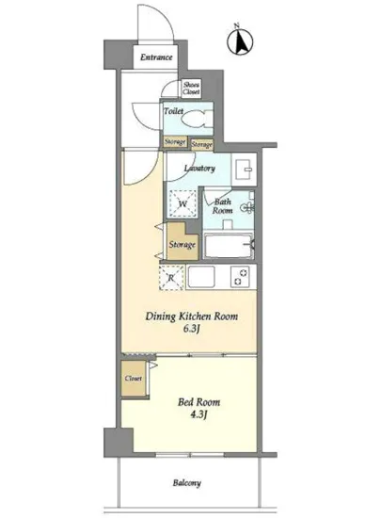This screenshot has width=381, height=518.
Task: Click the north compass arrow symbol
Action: click(240, 41)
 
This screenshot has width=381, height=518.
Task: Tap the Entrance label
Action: click(156, 57)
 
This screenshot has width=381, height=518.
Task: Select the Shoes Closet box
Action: click(191, 89)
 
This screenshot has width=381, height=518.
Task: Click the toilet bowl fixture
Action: click(196, 119)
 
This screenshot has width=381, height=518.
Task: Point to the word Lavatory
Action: click(199, 169)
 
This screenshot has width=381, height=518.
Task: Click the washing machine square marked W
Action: click(183, 203)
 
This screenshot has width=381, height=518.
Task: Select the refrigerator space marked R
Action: click(171, 278)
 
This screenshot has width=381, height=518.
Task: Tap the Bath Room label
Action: click(223, 206)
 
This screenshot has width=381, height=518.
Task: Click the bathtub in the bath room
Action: click(229, 246)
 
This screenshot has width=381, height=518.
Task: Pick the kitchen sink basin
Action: click(201, 277)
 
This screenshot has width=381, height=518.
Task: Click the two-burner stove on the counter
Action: click(240, 277)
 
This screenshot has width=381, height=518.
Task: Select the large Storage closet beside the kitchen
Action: click(183, 241)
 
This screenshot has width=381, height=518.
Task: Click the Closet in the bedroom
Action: click(134, 379)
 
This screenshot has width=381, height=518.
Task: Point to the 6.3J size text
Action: click(191, 329)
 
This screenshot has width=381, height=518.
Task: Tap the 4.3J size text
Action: click(198, 414)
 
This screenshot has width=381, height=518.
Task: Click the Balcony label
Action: click(186, 483)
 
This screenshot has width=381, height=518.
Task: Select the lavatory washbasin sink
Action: click(244, 169)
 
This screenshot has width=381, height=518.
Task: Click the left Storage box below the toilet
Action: click(175, 141)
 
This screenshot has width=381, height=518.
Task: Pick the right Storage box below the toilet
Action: click(202, 144)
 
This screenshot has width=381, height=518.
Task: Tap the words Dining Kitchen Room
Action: click(192, 316)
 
